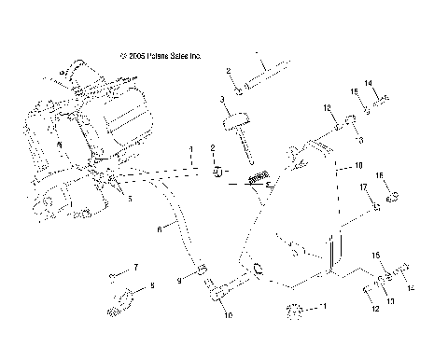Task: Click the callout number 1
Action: [190, 149]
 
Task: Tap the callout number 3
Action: [222, 99]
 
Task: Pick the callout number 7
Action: [136, 268]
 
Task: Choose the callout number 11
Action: [324, 306]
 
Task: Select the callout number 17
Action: [362, 188]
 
